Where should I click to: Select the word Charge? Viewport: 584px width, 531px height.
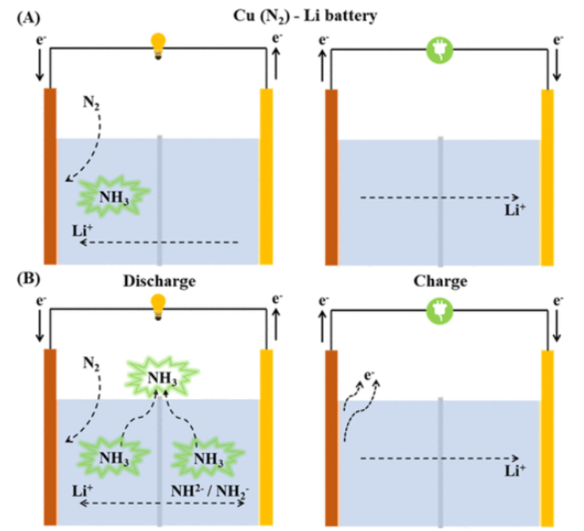(x=440, y=281)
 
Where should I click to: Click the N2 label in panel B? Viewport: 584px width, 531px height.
(x=90, y=361)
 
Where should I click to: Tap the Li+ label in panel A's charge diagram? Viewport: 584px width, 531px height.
(x=513, y=212)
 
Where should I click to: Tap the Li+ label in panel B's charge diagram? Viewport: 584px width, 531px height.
(x=513, y=472)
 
